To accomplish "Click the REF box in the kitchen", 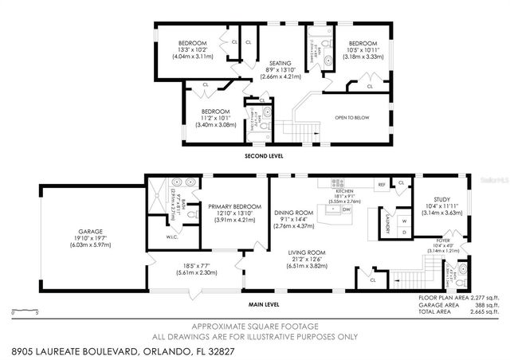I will pos(382,185).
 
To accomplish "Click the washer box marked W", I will pos(403,221).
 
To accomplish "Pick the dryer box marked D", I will pos(403,233).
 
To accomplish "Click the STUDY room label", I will pos(441,199).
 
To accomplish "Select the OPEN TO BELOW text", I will pos(351,117).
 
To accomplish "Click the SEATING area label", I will pos(280,63).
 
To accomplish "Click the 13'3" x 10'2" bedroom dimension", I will pos(192,49).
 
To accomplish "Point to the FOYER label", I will pos(441,238).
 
